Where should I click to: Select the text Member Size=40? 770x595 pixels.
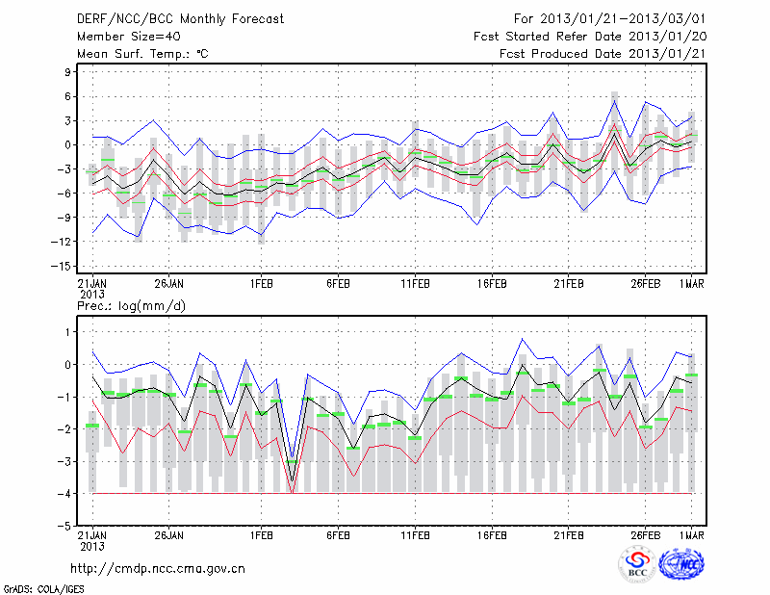click(x=125, y=37)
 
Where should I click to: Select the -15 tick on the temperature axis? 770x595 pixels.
click(x=64, y=267)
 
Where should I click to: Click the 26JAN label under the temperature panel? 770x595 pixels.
click(x=169, y=284)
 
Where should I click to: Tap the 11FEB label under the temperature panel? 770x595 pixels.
click(x=415, y=284)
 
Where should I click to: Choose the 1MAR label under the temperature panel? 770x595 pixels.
click(x=692, y=284)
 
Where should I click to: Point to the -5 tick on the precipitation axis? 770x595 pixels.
click(x=67, y=527)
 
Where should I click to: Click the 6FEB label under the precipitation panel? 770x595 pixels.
click(x=337, y=535)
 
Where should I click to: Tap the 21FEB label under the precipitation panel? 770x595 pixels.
click(x=569, y=535)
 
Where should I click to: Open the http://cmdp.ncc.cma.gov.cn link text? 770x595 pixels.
click(x=158, y=568)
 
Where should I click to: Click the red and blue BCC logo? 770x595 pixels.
click(x=637, y=564)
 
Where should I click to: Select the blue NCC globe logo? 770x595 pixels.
click(x=681, y=564)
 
